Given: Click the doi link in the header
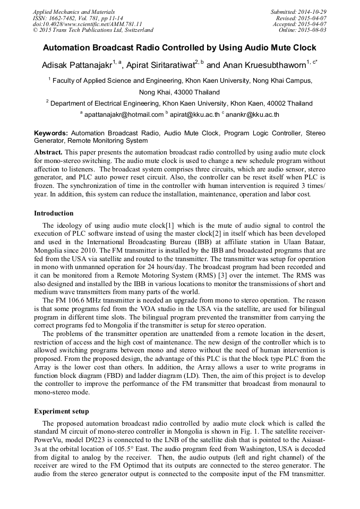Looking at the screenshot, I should tap(88, 24).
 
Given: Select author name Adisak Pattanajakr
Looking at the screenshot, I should tap(76, 65).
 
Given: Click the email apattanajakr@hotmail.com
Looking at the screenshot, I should tap(123, 114).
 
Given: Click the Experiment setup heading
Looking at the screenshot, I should tap(62, 411).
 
